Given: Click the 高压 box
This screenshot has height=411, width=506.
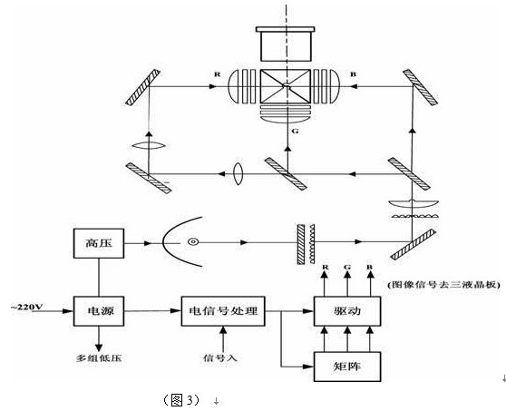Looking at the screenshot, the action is [x=99, y=243].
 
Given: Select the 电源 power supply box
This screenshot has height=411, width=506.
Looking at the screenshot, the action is [x=99, y=311].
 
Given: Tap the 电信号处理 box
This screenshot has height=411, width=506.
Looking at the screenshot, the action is [x=223, y=311].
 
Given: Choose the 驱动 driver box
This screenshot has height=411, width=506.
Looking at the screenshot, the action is [x=347, y=311].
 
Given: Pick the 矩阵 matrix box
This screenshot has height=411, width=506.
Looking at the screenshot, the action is [x=347, y=367].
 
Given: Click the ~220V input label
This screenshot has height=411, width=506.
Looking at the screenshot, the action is [x=27, y=307].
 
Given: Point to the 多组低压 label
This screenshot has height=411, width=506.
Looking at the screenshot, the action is [x=99, y=358].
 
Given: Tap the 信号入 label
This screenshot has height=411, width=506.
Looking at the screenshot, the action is [x=220, y=357].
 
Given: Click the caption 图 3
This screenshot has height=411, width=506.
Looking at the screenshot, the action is [x=181, y=400].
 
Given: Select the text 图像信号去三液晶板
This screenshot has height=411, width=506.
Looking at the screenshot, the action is [x=443, y=285].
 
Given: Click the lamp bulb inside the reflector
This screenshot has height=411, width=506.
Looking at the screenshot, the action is [x=193, y=242].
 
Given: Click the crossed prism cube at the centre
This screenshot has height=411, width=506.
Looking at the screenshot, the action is [x=286, y=86].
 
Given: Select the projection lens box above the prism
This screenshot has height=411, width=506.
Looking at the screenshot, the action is [x=286, y=44].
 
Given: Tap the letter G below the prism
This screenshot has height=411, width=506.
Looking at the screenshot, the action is [x=295, y=131].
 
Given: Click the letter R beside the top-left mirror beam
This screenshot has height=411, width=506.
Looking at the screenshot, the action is [x=218, y=74].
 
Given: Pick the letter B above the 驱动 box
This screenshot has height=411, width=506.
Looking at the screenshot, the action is [x=369, y=267].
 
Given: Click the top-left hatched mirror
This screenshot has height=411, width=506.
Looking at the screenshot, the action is [x=142, y=87].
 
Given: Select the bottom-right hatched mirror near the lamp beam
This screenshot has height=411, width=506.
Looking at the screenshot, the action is [x=414, y=244].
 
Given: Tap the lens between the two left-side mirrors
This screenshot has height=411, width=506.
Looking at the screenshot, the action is [x=149, y=145].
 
